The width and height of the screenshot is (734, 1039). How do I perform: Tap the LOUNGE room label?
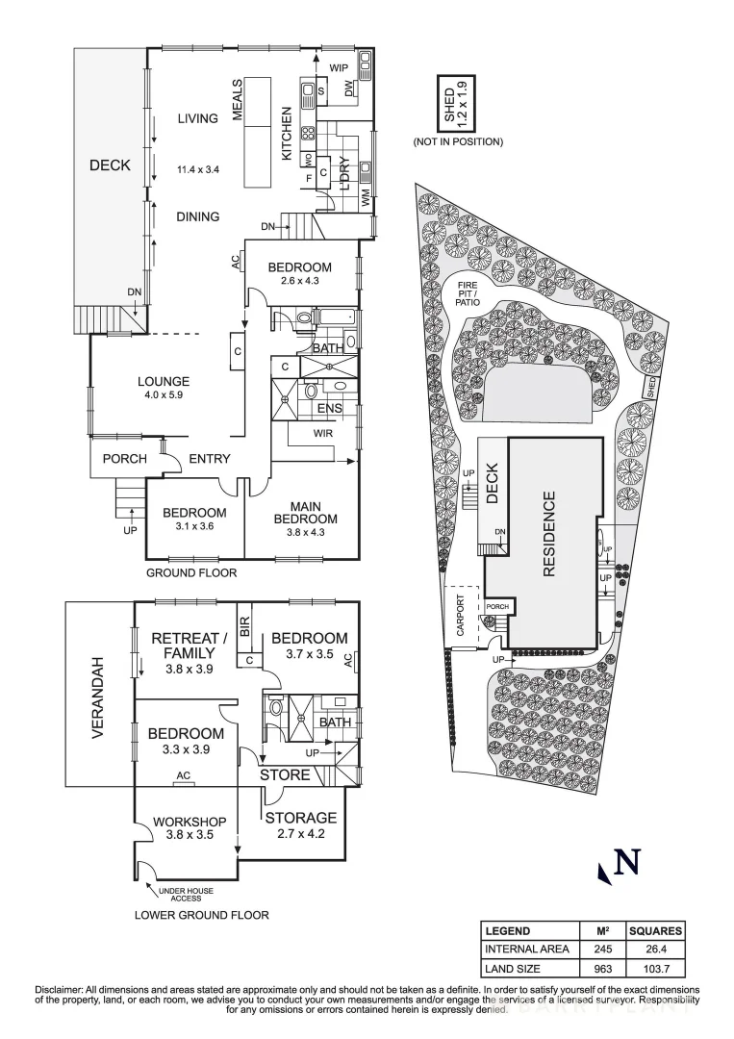pos(166,381)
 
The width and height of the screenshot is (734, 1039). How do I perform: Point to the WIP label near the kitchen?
pos(338,68)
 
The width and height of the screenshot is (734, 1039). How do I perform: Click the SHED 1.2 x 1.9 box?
pos(454,103)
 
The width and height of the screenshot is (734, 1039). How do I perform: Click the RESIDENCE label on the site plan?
pos(550,534)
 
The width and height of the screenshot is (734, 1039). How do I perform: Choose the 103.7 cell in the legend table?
pos(655,969)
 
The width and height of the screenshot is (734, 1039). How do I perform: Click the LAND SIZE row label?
pos(515,969)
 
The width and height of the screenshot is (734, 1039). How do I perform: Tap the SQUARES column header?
pos(655,931)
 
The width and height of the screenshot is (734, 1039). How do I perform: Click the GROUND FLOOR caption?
pos(191,572)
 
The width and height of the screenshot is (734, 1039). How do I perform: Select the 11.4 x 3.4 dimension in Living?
pos(198,170)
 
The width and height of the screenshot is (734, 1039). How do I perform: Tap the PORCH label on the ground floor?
pos(123,460)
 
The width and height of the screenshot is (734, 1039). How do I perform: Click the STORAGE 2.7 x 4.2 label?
pos(301,818)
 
